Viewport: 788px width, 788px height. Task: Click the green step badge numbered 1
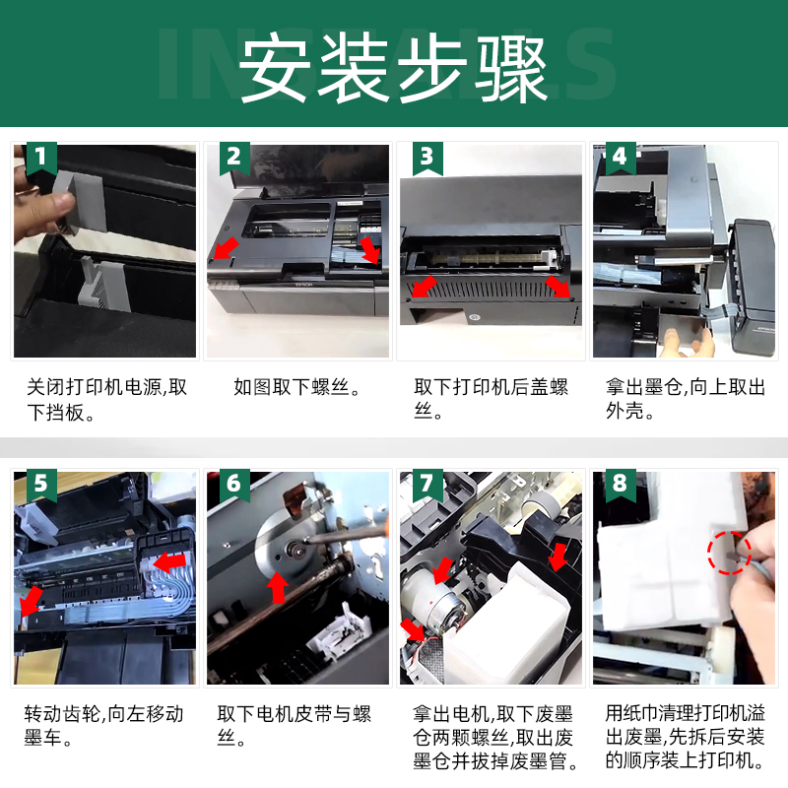point(41,158)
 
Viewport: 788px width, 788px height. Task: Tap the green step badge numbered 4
point(621,158)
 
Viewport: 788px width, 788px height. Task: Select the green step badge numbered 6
point(234,485)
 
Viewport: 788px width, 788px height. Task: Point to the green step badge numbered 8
point(621,485)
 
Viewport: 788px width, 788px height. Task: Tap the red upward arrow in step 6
point(278,587)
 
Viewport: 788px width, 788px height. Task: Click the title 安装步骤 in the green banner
point(393,68)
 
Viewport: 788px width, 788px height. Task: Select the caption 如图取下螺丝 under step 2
point(296,387)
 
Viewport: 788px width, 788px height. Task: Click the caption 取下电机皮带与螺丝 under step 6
point(294,726)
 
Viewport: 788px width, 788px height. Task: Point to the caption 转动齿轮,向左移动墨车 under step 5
point(104,726)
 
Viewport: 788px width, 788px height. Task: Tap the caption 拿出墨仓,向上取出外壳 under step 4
point(685,400)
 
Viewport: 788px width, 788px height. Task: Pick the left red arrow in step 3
point(424,287)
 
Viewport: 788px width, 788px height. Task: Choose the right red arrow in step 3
point(558,286)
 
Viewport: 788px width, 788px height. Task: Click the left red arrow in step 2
point(226,248)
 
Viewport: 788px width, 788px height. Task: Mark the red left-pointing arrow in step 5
point(168,561)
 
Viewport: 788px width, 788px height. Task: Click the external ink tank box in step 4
point(753,288)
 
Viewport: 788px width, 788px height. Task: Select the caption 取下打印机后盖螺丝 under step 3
point(491,400)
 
